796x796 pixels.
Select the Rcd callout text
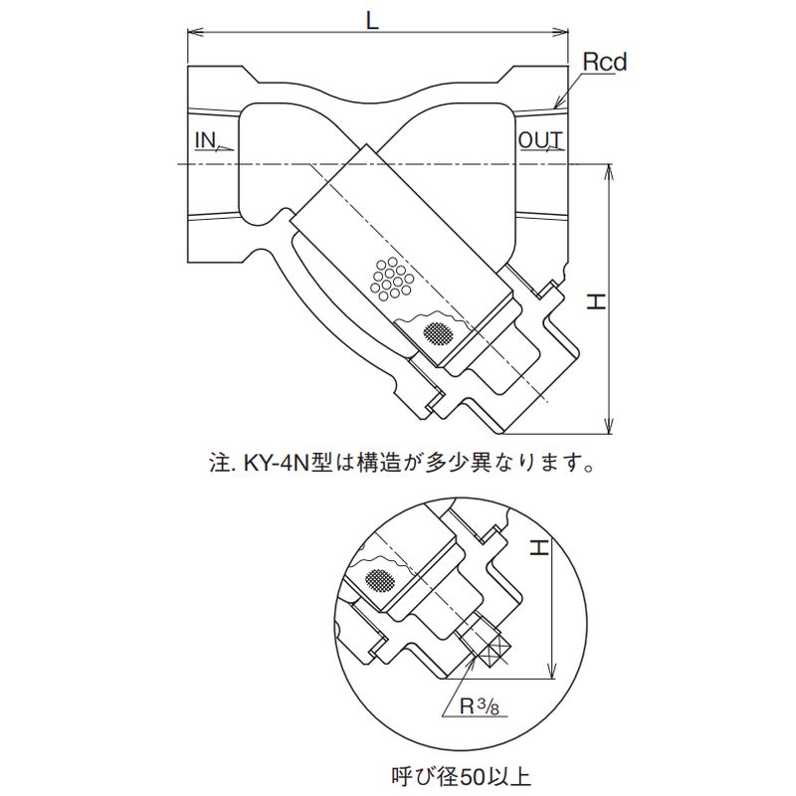click(605, 63)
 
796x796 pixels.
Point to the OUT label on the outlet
click(540, 140)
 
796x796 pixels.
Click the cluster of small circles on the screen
click(391, 279)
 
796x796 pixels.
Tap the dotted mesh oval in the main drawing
click(436, 332)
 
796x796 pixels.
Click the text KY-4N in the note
click(274, 463)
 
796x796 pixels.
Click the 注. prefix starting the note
click(218, 463)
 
